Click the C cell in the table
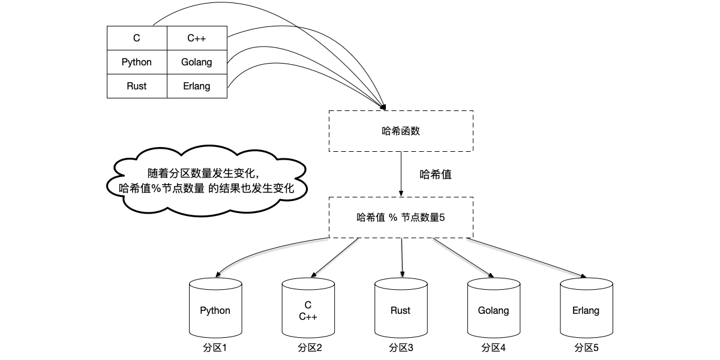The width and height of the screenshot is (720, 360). click(x=137, y=38)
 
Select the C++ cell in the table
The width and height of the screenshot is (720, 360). click(x=197, y=38)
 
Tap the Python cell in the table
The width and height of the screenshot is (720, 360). click(x=137, y=62)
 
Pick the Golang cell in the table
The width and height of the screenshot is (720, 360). click(x=197, y=62)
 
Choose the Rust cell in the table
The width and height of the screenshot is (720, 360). click(x=137, y=86)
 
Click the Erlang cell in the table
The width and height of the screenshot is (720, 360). click(x=197, y=86)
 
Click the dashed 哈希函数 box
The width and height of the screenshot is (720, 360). click(x=401, y=131)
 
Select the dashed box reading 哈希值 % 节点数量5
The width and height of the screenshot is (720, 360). click(x=401, y=217)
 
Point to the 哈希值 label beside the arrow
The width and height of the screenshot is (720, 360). click(x=436, y=175)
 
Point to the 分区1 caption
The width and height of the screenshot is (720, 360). click(x=215, y=347)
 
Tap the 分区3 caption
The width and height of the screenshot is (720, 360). click(x=401, y=347)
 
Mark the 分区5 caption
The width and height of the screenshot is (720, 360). click(x=586, y=347)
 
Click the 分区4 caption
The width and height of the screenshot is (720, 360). click(x=493, y=347)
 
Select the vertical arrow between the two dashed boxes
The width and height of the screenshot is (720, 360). click(x=401, y=173)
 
